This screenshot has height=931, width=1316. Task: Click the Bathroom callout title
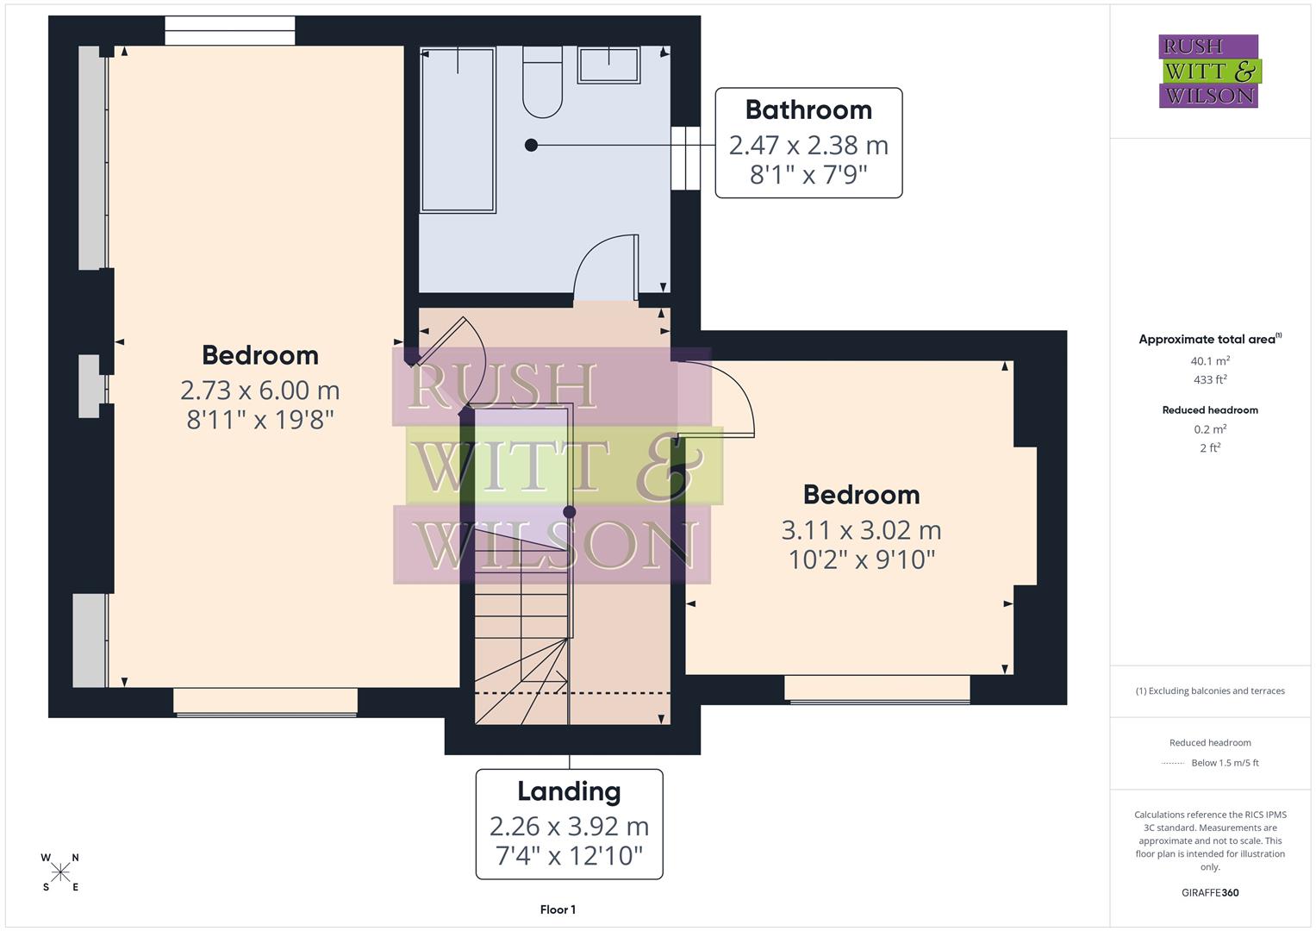(808, 110)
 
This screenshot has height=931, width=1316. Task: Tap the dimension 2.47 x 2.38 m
(808, 145)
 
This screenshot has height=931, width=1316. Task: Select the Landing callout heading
(569, 791)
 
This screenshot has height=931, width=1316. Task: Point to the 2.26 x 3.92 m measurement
(569, 826)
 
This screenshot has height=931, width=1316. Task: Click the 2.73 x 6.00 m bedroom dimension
(260, 391)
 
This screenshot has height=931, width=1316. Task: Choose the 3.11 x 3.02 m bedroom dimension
(861, 529)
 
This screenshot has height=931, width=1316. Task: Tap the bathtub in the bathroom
(458, 129)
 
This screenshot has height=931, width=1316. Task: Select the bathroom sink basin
(608, 66)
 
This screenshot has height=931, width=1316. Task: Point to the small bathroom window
(685, 158)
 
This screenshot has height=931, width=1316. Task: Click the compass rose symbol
(60, 872)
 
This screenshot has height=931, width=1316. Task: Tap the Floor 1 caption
(558, 909)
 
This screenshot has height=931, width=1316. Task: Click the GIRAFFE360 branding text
(1210, 892)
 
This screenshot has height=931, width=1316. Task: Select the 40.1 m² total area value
(1210, 362)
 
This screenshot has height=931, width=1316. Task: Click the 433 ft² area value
(1210, 380)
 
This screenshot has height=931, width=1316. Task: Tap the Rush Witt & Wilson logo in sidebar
(1208, 72)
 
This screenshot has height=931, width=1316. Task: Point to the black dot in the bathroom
(531, 145)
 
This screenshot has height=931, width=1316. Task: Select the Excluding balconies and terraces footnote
(1210, 690)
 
